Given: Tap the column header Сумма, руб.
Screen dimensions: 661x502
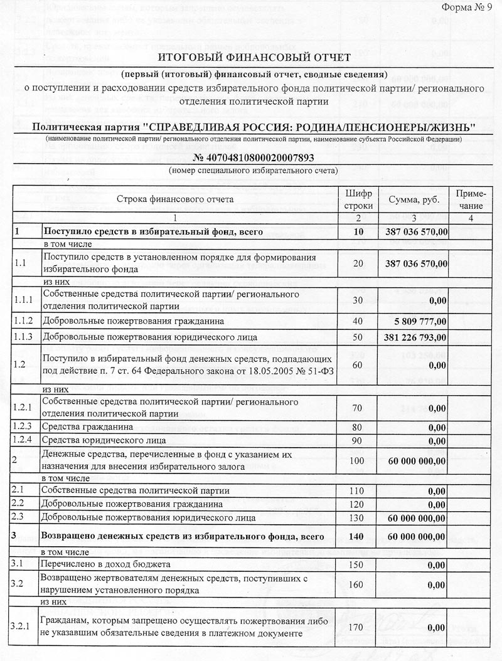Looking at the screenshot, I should (414, 199).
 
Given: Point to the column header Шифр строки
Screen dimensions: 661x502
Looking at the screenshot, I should (358, 199).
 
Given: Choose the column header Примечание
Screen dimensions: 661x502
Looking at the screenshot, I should (470, 199).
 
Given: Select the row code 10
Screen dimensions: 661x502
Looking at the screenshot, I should (358, 232).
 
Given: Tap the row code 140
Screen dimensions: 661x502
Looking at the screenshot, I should (358, 537).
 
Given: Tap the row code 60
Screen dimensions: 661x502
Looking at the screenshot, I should (358, 364).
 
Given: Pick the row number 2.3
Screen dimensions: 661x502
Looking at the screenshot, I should (19, 517).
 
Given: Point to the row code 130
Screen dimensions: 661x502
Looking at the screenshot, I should (358, 517).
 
